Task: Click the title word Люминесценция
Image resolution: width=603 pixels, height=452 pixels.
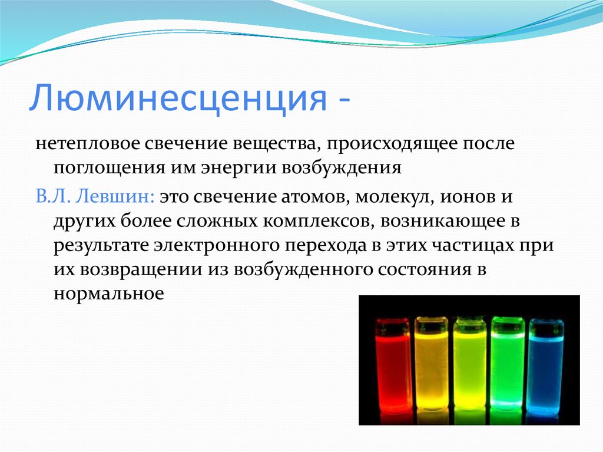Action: point(178,97)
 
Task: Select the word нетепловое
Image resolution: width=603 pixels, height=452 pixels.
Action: point(87,144)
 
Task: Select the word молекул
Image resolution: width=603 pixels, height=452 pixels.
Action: point(395,197)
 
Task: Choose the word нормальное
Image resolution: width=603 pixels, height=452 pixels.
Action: point(109,294)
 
